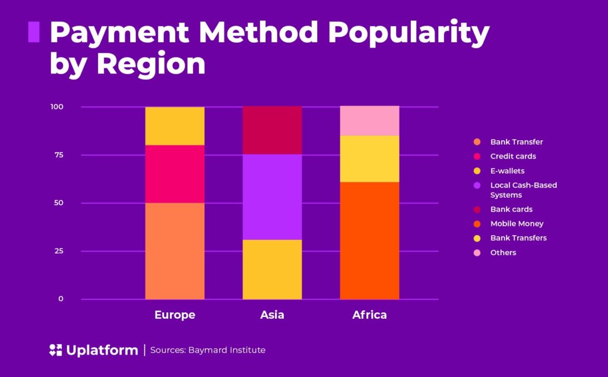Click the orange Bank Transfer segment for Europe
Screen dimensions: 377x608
point(175,251)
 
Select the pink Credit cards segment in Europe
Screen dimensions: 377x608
point(175,174)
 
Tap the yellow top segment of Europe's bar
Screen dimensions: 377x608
point(175,126)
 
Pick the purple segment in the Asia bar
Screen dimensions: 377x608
point(272,197)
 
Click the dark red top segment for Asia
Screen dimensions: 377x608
point(272,130)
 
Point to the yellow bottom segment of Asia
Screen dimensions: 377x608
point(272,269)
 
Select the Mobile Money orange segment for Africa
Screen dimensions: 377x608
point(369,240)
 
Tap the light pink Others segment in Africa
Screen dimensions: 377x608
point(369,121)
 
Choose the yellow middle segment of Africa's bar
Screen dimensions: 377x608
point(369,159)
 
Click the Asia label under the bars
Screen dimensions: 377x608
point(272,315)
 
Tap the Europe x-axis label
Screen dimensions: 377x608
point(175,315)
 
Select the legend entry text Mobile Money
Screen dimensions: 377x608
point(517,224)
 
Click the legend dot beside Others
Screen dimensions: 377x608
point(477,253)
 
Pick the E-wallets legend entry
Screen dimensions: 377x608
point(507,171)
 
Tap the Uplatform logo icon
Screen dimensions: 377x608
point(55,350)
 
